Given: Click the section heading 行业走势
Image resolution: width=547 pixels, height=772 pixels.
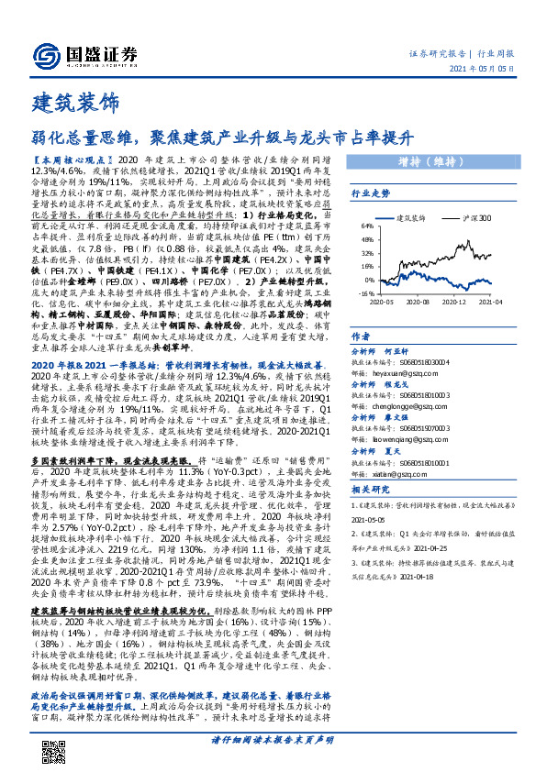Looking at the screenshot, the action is click(371, 193).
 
